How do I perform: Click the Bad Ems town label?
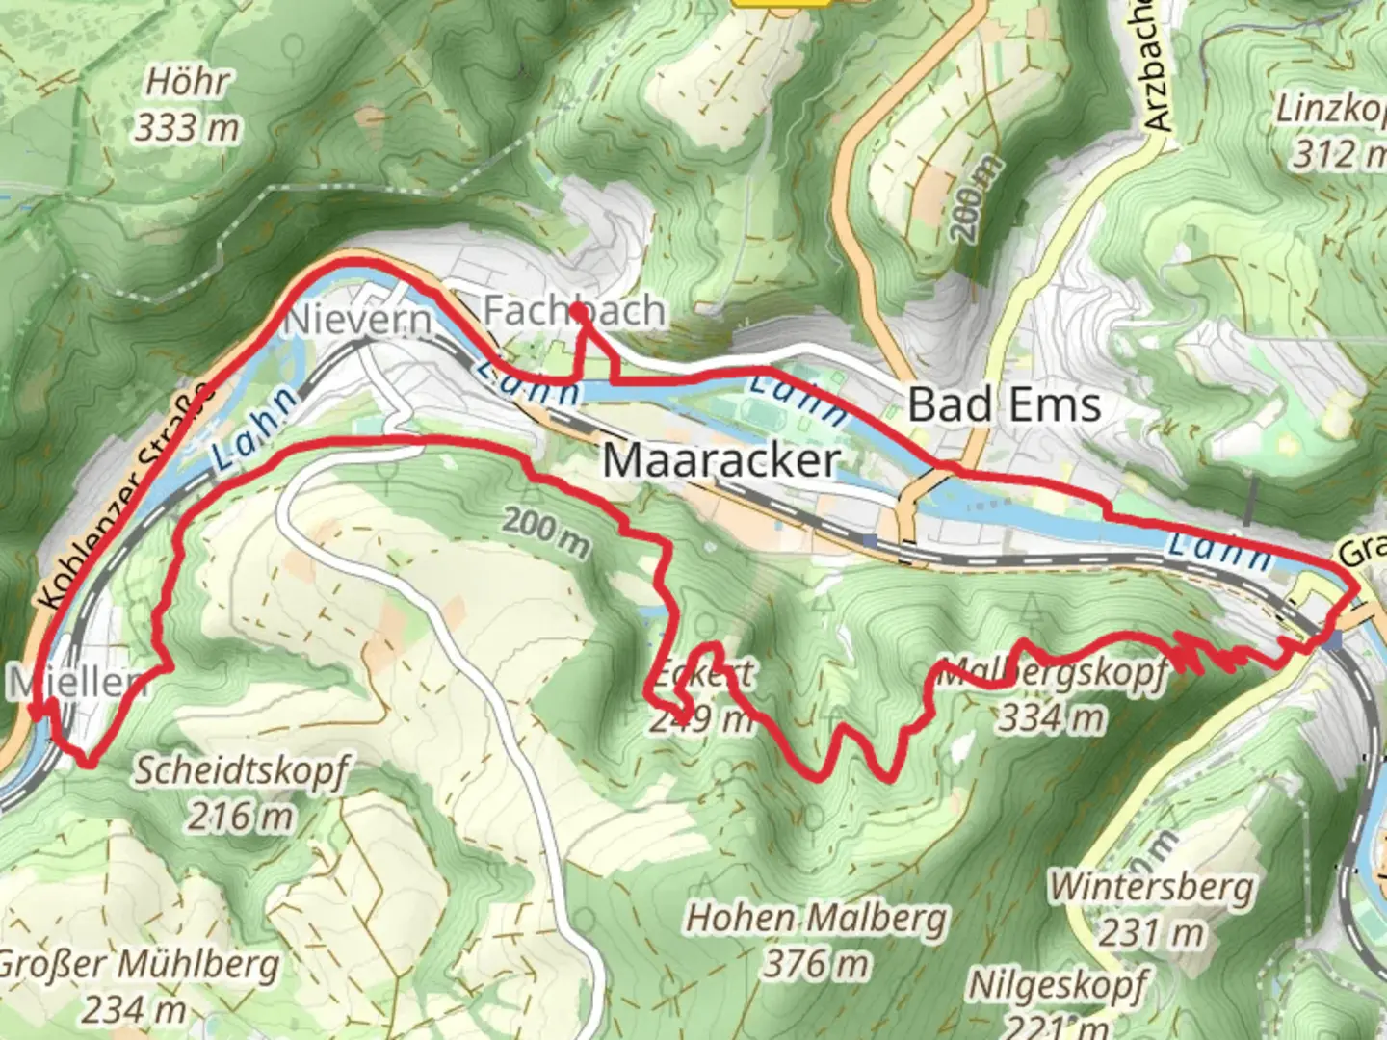1004,404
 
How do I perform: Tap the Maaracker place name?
720,459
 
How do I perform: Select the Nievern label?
357,320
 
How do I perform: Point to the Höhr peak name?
188,83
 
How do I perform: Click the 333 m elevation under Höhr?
187,127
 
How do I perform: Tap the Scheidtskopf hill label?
239,772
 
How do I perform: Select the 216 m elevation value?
240,817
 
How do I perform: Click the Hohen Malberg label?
816,919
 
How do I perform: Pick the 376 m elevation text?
816,962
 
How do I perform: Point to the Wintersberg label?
1152,887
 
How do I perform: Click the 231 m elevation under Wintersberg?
1153,931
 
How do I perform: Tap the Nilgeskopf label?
1058,986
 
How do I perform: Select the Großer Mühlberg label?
138,965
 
